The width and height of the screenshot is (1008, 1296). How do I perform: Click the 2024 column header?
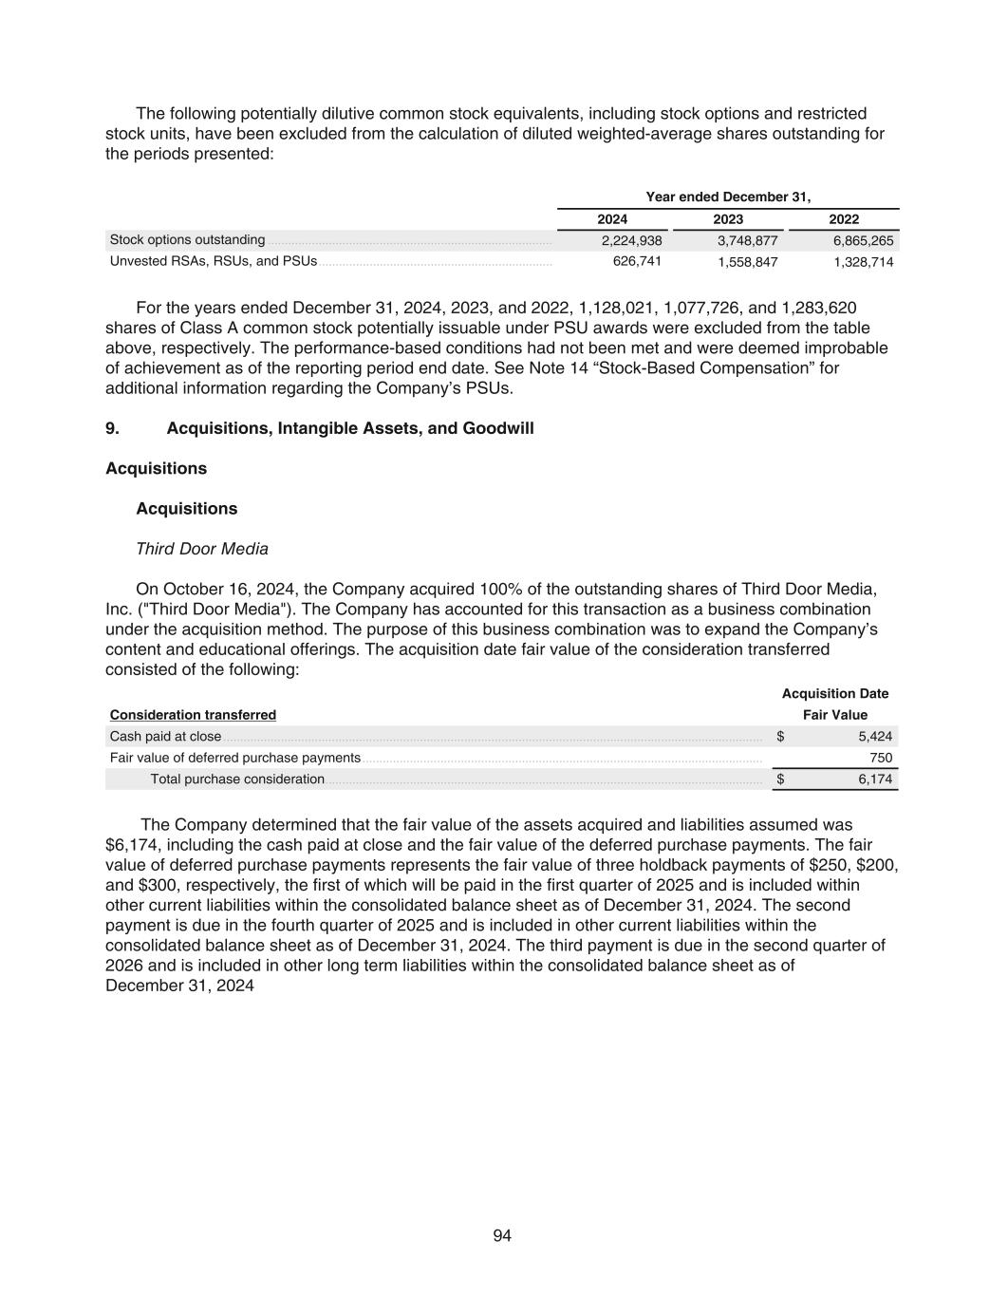[x=612, y=219]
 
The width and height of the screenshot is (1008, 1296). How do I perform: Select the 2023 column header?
[x=728, y=219]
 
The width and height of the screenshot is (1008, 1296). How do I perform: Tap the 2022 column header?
[x=844, y=219]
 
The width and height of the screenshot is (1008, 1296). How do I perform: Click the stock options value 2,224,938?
[x=631, y=241]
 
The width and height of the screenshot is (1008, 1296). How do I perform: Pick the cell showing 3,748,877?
[x=747, y=241]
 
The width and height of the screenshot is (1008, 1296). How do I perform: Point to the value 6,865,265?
[x=863, y=241]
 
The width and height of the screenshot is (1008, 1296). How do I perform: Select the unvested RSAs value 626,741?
[x=637, y=261]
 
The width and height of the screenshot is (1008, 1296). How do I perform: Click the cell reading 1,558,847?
[x=747, y=262]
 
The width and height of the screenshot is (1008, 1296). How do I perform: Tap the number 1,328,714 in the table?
[x=863, y=262]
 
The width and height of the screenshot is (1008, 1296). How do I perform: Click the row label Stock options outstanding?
[x=188, y=240]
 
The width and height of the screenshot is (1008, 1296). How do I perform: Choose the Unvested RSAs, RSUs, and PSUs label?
[x=214, y=261]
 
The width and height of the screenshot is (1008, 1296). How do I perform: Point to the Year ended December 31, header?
[x=728, y=197]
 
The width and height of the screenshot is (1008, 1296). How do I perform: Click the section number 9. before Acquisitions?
[x=112, y=428]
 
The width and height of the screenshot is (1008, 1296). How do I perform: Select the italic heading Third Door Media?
[x=202, y=549]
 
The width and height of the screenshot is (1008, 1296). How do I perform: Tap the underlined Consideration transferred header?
[x=193, y=715]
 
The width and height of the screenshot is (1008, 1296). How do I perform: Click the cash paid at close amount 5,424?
[x=875, y=737]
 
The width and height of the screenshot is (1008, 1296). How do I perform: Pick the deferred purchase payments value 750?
[x=881, y=758]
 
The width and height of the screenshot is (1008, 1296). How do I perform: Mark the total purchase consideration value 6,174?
[x=875, y=779]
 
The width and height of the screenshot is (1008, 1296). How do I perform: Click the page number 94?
[x=503, y=1235]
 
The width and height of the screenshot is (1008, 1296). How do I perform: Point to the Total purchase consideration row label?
[x=237, y=779]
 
